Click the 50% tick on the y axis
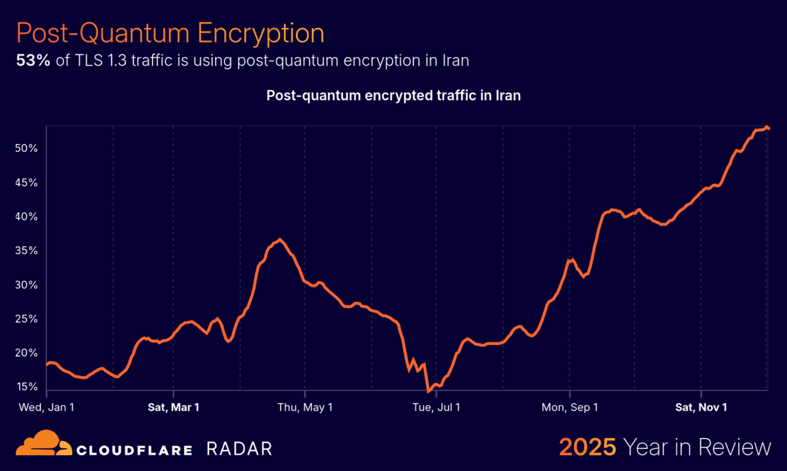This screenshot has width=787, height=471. point(26,149)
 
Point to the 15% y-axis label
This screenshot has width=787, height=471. point(26,387)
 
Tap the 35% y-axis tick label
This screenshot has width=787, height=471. point(26,251)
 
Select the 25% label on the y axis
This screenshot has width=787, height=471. point(26,319)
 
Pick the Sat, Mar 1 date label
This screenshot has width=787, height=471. point(173,407)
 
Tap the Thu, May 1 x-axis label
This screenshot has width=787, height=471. point(305,407)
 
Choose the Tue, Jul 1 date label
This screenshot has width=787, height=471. point(435,407)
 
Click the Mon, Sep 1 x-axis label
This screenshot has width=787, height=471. point(569,407)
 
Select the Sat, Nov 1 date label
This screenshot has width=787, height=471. point(701,407)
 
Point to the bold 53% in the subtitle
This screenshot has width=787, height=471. point(30,61)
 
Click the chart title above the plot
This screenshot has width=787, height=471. point(393,96)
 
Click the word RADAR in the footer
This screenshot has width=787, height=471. point(239,449)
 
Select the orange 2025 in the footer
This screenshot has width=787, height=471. point(587,447)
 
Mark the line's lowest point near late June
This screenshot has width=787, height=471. point(429,391)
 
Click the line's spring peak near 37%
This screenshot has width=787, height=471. point(280,240)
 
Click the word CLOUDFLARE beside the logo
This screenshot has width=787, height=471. point(134,449)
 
